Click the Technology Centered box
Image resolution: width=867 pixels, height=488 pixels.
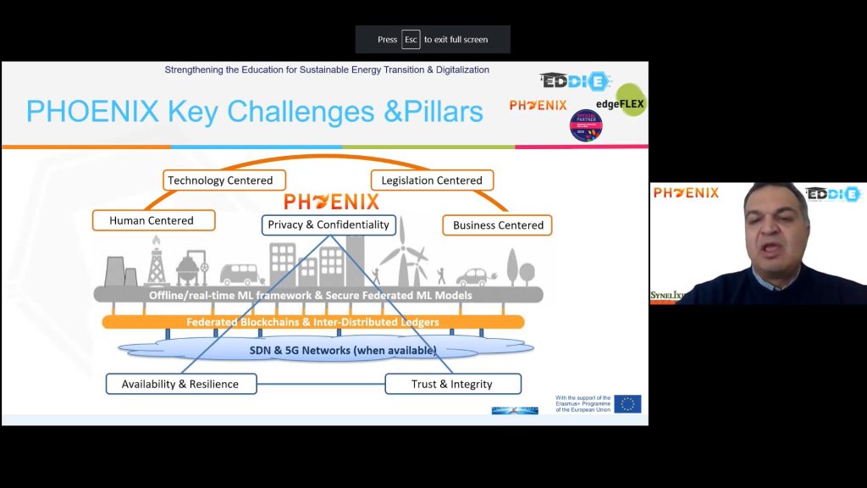pos(220,180)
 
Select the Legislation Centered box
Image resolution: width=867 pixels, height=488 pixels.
pos(432,180)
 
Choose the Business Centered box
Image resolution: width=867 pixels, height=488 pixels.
pos(498,225)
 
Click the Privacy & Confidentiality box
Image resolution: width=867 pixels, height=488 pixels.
pos(329,225)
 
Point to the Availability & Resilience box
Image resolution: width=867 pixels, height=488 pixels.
pos(179,384)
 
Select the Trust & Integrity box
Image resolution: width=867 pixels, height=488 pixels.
pos(452,384)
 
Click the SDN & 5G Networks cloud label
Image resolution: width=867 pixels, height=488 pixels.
pos(343,350)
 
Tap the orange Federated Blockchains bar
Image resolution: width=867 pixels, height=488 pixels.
pos(313,322)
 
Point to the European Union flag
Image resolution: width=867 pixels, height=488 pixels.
pos(627,403)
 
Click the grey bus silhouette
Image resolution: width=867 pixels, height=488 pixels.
pos(242,274)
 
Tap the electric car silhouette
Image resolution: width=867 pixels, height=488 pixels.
pos(475,276)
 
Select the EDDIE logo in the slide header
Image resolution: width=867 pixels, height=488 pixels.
pos(575,81)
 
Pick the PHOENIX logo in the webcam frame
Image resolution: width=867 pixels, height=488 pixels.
pos(686,193)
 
